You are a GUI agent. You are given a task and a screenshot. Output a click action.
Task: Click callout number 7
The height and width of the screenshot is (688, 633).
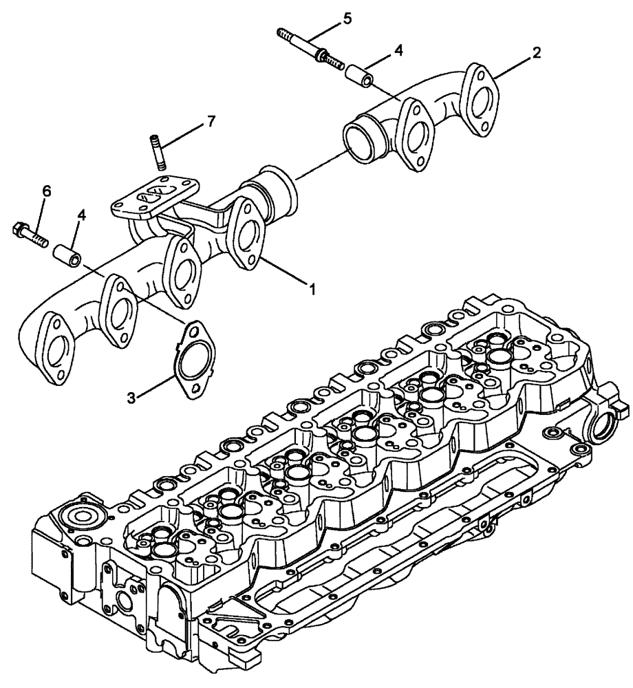coord(191,121)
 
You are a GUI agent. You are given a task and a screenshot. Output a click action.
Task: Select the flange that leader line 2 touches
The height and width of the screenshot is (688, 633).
coord(482,97)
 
